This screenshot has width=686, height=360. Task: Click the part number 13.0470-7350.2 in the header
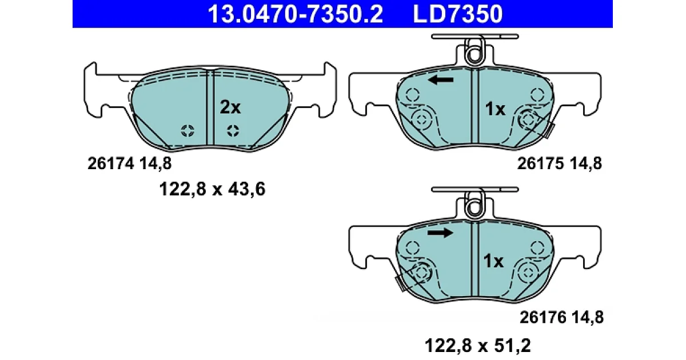[295, 14]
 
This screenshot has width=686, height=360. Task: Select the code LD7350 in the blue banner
[457, 14]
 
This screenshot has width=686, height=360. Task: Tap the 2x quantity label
[230, 107]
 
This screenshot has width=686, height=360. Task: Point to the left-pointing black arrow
[441, 80]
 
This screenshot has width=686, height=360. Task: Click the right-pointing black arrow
[440, 233]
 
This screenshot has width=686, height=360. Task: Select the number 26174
[111, 163]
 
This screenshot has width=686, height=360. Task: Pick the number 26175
[541, 163]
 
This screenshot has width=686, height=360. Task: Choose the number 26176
[543, 317]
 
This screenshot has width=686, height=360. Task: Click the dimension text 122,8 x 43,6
[212, 189]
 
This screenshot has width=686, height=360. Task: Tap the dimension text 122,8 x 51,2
[478, 346]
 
